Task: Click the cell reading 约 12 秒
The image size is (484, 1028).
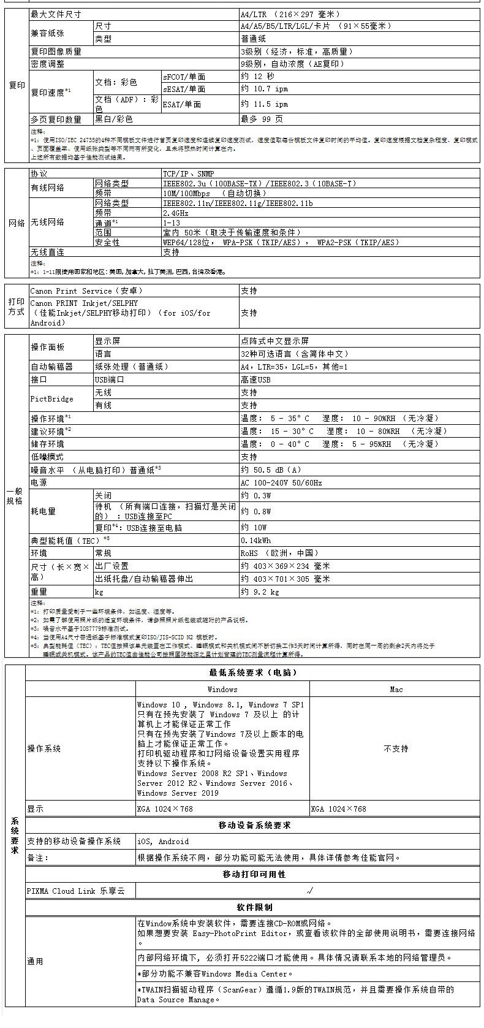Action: (x=258, y=77)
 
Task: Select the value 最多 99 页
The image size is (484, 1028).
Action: (x=262, y=119)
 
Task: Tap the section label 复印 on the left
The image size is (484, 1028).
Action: (x=17, y=85)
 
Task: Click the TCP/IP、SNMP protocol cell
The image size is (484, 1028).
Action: (x=188, y=173)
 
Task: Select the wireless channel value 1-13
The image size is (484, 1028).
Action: (x=172, y=223)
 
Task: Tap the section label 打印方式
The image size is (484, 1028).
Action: (x=17, y=306)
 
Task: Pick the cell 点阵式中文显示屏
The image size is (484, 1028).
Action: (x=275, y=341)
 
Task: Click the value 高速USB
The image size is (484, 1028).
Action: (x=256, y=379)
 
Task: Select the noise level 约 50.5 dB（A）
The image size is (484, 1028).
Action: (x=271, y=470)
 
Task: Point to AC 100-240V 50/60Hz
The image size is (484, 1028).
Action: (x=281, y=482)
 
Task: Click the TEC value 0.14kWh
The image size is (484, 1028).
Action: (x=256, y=540)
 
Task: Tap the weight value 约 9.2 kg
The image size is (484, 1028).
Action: (x=260, y=592)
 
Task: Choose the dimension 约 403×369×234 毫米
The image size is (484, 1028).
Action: (x=285, y=566)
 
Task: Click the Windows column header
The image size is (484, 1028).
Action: (x=222, y=689)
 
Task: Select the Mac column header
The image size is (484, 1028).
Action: (x=396, y=689)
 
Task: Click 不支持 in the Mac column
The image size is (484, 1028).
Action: (x=396, y=748)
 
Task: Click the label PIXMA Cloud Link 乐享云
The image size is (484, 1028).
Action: (x=75, y=891)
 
